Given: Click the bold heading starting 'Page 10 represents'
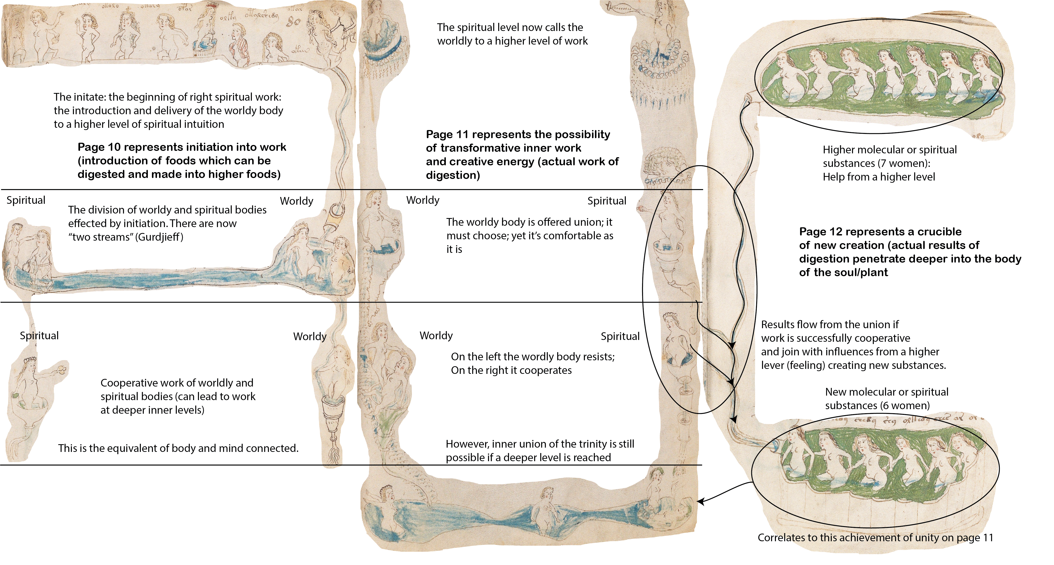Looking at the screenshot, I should click(x=182, y=161).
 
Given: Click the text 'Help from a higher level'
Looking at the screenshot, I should click(x=879, y=177).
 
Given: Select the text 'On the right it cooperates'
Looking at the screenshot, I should click(x=511, y=370).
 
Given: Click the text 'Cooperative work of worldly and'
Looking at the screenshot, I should click(x=177, y=383).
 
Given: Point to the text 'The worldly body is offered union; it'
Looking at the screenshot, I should click(x=529, y=222).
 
